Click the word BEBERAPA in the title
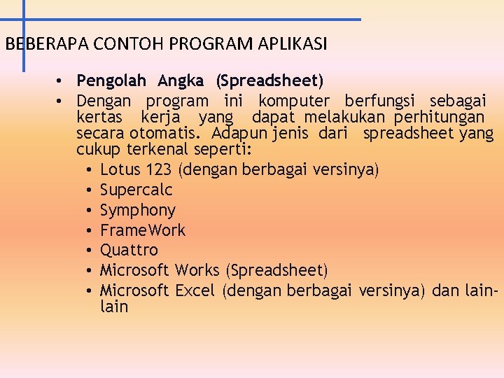(x=37, y=44)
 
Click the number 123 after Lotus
(x=160, y=169)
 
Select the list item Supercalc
(x=136, y=190)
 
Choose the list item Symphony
(x=137, y=211)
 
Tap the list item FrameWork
(x=143, y=230)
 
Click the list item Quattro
(x=129, y=250)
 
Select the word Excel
(x=195, y=290)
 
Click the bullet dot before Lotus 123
(x=91, y=170)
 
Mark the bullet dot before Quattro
(x=91, y=251)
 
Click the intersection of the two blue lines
(x=23, y=20)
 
